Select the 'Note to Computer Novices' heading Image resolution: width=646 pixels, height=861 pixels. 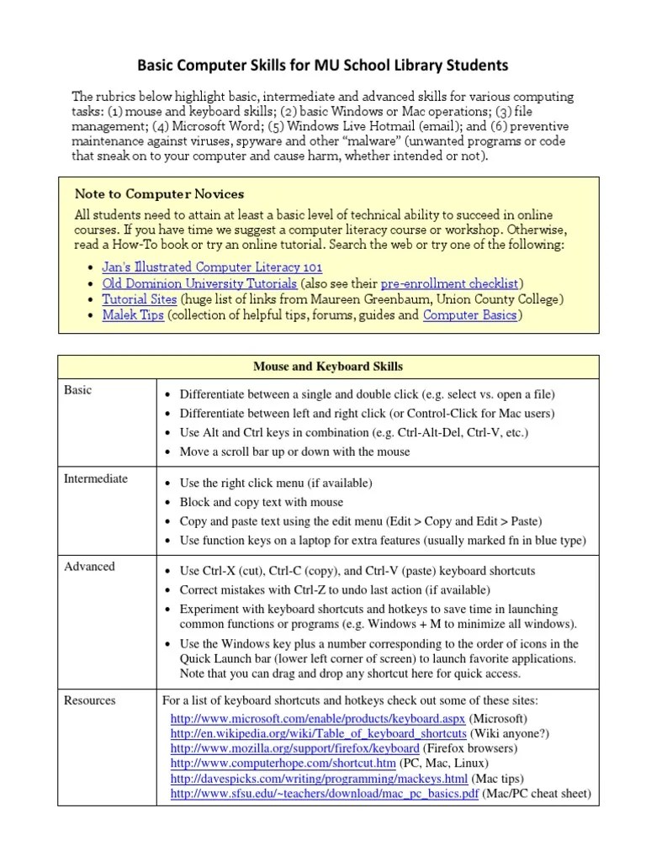160,194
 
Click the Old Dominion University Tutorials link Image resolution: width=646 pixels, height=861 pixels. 199,283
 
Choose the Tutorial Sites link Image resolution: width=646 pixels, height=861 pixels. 140,298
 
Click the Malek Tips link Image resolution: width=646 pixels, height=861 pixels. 132,315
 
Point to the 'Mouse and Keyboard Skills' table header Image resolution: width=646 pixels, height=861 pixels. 327,367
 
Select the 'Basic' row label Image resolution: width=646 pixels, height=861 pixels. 78,390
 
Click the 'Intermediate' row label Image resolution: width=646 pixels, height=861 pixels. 96,478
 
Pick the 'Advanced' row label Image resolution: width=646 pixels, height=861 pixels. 89,566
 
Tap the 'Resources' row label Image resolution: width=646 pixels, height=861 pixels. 90,700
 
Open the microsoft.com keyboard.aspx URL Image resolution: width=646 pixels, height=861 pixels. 318,718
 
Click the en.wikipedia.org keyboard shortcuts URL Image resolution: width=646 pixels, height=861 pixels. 318,733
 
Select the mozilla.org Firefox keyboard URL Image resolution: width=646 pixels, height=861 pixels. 294,748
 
